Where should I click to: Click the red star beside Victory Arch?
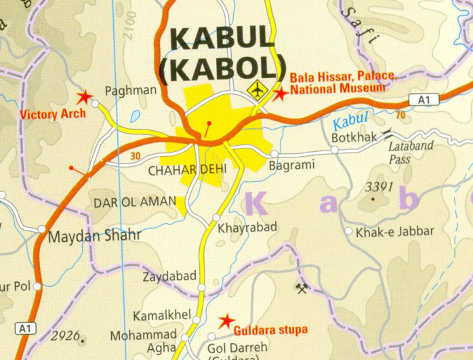pos(85,98)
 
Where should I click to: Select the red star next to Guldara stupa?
pos(226,320)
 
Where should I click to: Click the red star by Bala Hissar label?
pos(279,94)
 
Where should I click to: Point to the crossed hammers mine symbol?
pos(302,288)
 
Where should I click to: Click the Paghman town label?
pos(131,90)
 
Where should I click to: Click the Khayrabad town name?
pos(247,228)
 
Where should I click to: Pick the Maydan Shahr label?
pos(94,237)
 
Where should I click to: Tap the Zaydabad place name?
pos(169,276)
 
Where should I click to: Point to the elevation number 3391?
pos(379,186)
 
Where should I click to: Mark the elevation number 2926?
pos(65,336)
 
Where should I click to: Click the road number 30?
pos(135,157)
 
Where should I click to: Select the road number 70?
pos(400,115)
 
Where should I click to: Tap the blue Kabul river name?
pos(351,121)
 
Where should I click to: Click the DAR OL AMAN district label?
pos(133,201)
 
